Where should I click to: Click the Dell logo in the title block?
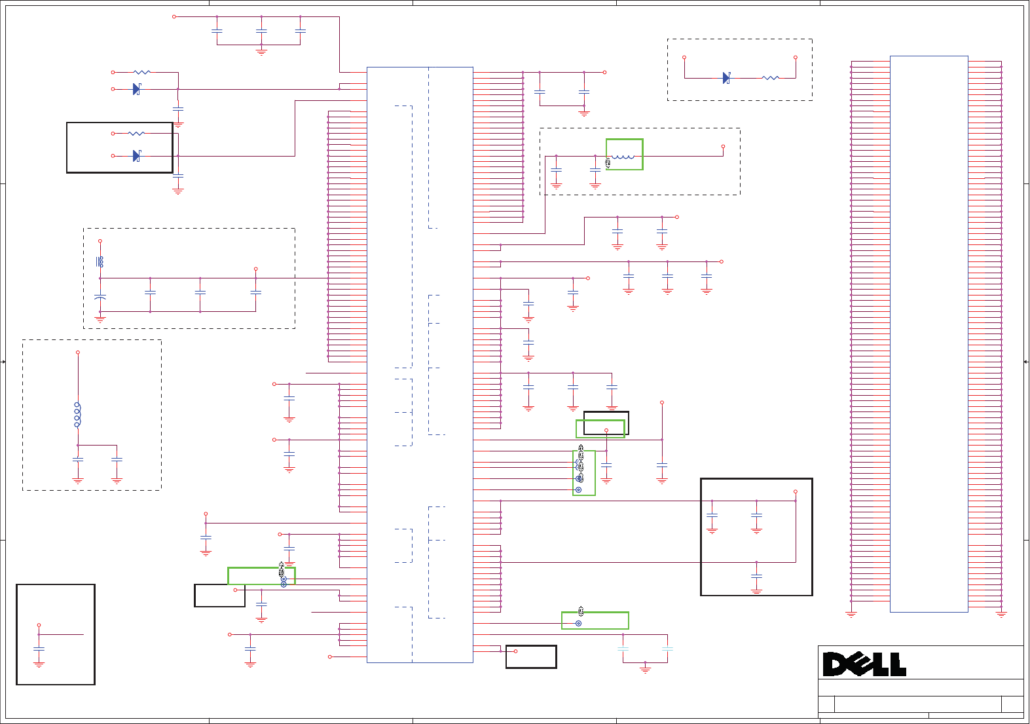tap(864, 664)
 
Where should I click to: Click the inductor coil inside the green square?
tap(623, 157)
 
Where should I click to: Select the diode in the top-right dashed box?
tap(726, 78)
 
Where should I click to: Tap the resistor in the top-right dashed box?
tap(770, 78)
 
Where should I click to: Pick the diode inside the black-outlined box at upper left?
tap(136, 156)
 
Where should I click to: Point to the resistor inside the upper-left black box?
tap(136, 134)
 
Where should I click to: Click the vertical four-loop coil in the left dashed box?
tap(77, 415)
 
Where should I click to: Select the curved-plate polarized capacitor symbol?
tap(100, 297)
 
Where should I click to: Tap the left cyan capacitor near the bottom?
tap(623, 649)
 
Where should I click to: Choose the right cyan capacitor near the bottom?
tap(667, 649)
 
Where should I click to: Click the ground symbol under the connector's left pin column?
tap(851, 615)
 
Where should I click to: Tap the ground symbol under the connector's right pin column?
tap(1001, 615)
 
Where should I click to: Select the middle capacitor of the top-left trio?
tap(261, 31)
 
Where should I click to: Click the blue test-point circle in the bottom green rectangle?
tap(578, 623)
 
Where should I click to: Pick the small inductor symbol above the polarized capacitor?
tap(100, 261)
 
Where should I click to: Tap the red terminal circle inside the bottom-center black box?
tap(515, 651)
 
